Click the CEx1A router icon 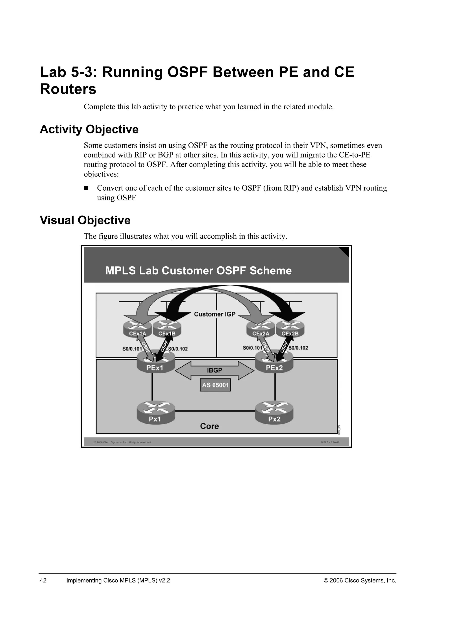tap(137, 330)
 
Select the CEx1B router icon tap(167, 330)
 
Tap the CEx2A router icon tap(261, 330)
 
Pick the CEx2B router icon tap(290, 330)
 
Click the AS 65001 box tap(215, 385)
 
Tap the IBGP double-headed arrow tap(214, 370)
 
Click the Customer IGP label tap(214, 314)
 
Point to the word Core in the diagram tap(209, 426)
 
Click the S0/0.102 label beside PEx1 tap(178, 349)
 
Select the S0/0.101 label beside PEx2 tap(252, 348)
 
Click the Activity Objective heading tap(89, 130)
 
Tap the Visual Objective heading tap(85, 220)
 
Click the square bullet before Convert tap(86, 188)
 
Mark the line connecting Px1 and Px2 tap(215, 411)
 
